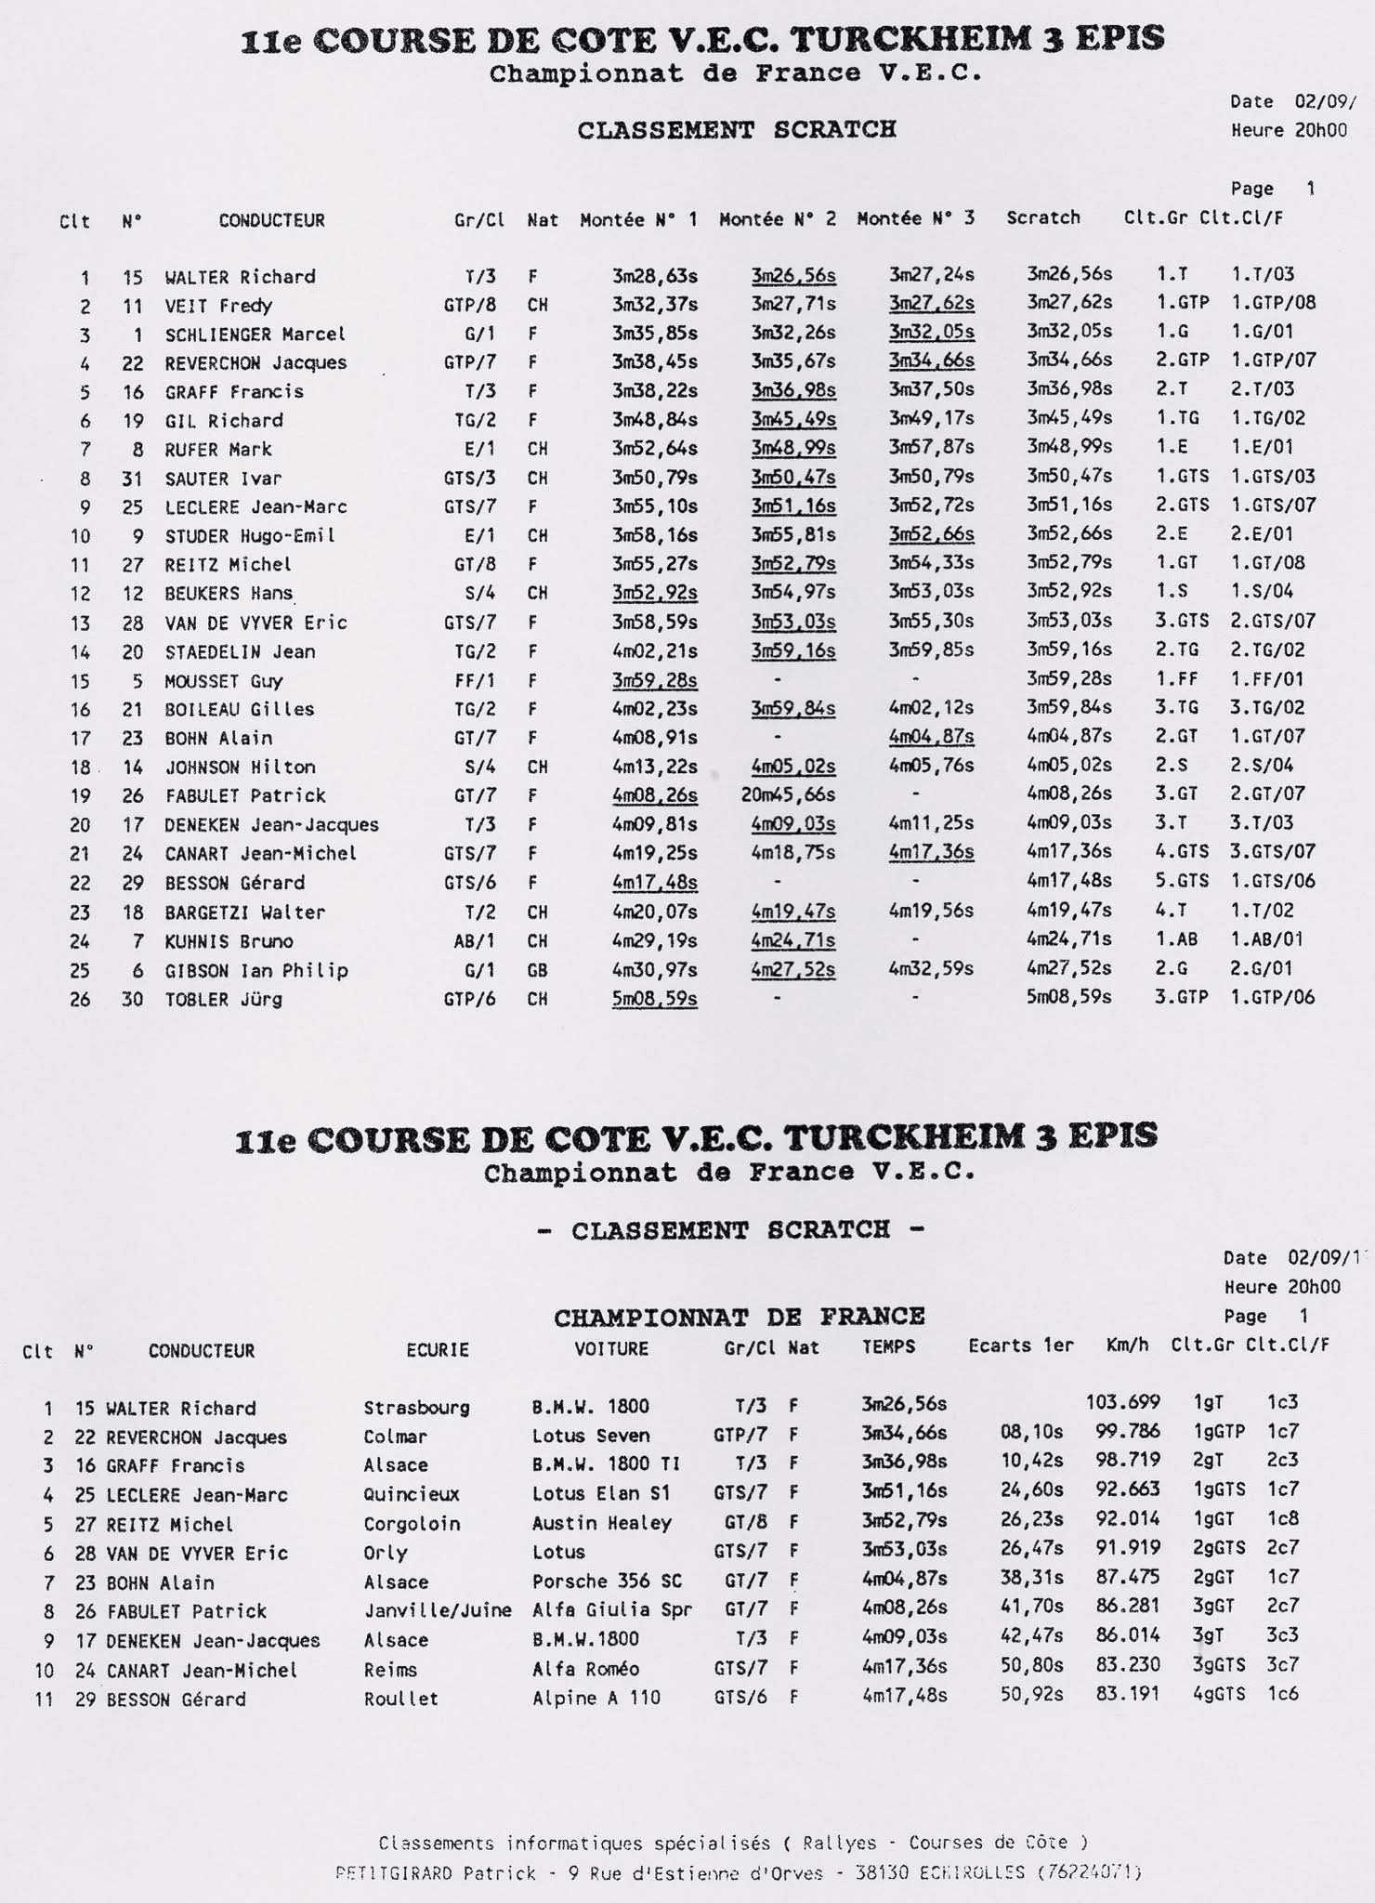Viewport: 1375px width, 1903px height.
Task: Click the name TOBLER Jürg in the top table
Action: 223,1000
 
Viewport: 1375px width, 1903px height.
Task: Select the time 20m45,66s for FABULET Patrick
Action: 788,794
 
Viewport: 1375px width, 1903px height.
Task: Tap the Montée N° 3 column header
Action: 915,218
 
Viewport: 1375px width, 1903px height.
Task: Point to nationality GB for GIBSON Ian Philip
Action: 537,970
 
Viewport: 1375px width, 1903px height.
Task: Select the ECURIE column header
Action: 438,1349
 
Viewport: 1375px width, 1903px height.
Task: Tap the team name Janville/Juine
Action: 438,1610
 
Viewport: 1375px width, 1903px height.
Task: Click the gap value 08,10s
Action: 1031,1432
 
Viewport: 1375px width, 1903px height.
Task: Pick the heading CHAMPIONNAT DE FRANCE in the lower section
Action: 739,1317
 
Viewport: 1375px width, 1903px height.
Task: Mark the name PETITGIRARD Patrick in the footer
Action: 436,1873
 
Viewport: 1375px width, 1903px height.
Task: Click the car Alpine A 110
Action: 596,1698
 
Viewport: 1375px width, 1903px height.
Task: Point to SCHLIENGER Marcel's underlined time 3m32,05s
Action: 931,332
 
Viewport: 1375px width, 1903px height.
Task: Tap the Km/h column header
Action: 1127,1345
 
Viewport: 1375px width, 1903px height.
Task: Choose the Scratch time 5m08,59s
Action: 1069,997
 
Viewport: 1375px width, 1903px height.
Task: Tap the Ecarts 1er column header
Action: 1020,1345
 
